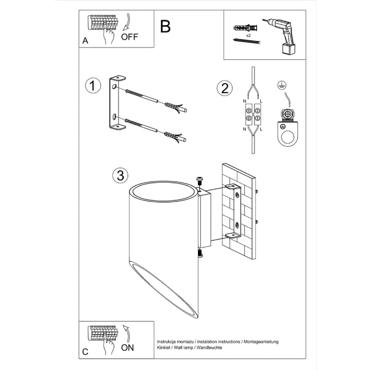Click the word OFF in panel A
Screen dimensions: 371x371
point(129,37)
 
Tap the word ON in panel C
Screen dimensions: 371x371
point(128,348)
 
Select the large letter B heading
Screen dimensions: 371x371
point(165,26)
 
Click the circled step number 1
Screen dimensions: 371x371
point(93,86)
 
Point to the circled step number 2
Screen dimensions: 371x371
point(225,88)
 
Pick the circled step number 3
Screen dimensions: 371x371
point(121,176)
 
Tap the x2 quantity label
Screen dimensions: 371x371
point(248,36)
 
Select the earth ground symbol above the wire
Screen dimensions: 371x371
point(281,85)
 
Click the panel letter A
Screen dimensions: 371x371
point(85,41)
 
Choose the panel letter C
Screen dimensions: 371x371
point(85,352)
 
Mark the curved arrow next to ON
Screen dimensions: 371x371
point(127,333)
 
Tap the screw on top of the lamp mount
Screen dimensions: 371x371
point(199,181)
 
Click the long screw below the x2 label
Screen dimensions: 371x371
point(246,41)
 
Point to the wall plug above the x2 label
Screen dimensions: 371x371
point(245,28)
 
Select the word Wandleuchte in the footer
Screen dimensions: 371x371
point(209,348)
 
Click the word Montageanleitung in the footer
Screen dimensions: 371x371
point(261,342)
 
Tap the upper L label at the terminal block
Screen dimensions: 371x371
point(261,102)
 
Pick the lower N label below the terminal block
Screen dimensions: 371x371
point(244,129)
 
